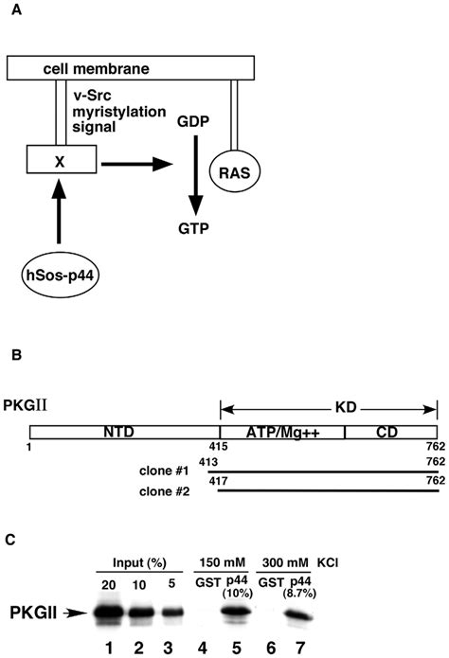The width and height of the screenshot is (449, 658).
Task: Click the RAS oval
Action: (x=235, y=171)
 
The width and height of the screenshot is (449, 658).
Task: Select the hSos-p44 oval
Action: (x=60, y=276)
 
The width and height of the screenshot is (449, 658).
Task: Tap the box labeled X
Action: (x=62, y=159)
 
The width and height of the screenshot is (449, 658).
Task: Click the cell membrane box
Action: (x=131, y=67)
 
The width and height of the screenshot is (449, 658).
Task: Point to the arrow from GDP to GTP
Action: (x=195, y=175)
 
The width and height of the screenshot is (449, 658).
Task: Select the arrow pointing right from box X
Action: (x=137, y=164)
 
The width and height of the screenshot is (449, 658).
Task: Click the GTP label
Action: (x=193, y=229)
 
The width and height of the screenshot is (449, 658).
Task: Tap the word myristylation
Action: (x=119, y=112)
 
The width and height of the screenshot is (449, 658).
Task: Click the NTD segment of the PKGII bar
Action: (x=125, y=433)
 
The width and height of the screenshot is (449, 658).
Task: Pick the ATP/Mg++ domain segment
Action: (x=282, y=433)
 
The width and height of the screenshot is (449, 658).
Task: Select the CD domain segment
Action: (x=391, y=433)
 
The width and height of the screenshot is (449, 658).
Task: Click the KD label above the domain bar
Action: (x=346, y=407)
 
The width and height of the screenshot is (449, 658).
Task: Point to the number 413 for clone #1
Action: (x=208, y=462)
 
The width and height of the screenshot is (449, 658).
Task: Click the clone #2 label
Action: (x=164, y=491)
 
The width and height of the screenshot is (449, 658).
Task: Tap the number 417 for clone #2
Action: (x=219, y=480)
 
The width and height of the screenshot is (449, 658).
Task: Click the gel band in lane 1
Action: (x=109, y=614)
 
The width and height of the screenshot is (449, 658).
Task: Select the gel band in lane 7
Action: (x=299, y=616)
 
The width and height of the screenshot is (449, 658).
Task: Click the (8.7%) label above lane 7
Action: (x=300, y=594)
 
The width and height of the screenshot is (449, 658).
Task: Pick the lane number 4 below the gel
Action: (x=202, y=648)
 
